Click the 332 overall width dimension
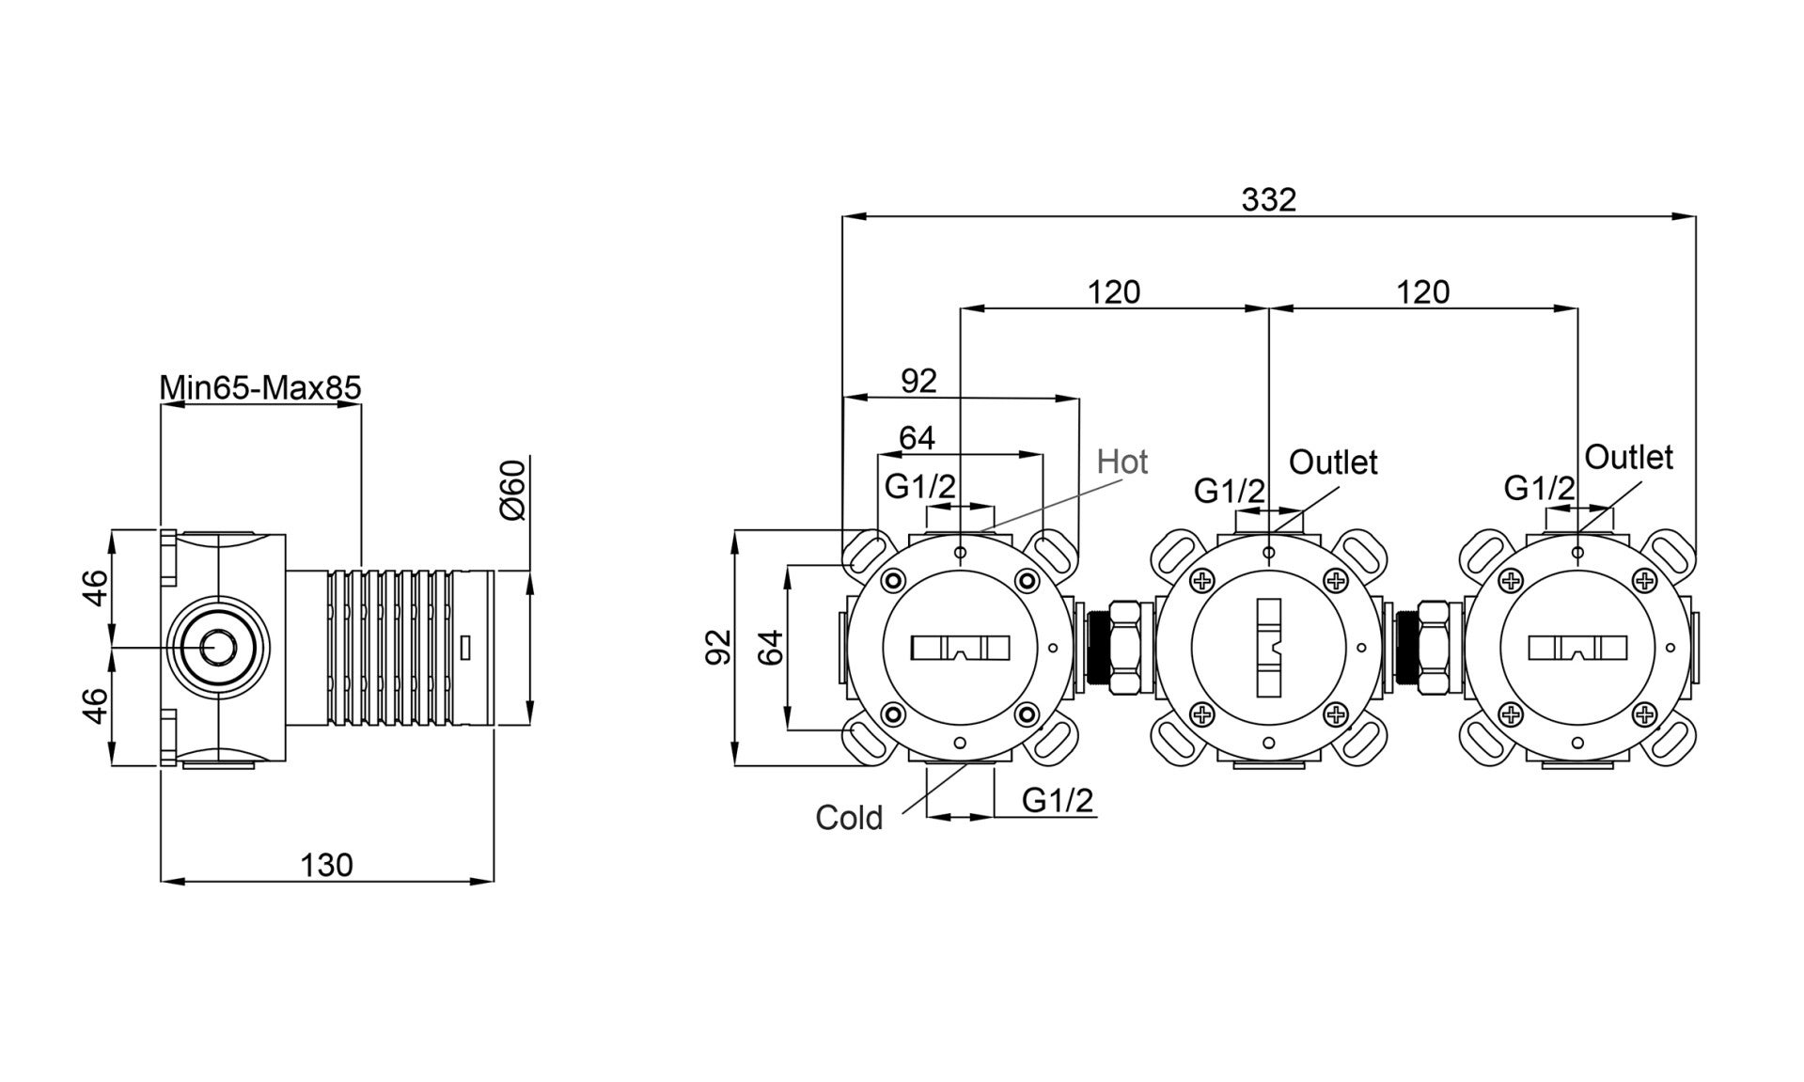coord(1268,199)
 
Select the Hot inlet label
coord(1122,462)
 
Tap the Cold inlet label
coord(849,818)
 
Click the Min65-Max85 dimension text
coord(260,387)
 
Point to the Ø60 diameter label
coord(513,491)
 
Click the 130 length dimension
coord(326,865)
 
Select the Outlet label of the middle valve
coord(1333,462)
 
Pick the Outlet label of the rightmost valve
coord(1629,457)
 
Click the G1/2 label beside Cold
coord(1058,800)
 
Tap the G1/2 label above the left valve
coord(920,486)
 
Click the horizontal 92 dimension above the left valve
coord(918,381)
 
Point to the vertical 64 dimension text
coord(770,647)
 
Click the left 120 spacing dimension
coord(1114,292)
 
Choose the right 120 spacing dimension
coord(1422,292)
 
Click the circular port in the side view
coord(219,648)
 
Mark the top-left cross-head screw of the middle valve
coord(1202,581)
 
